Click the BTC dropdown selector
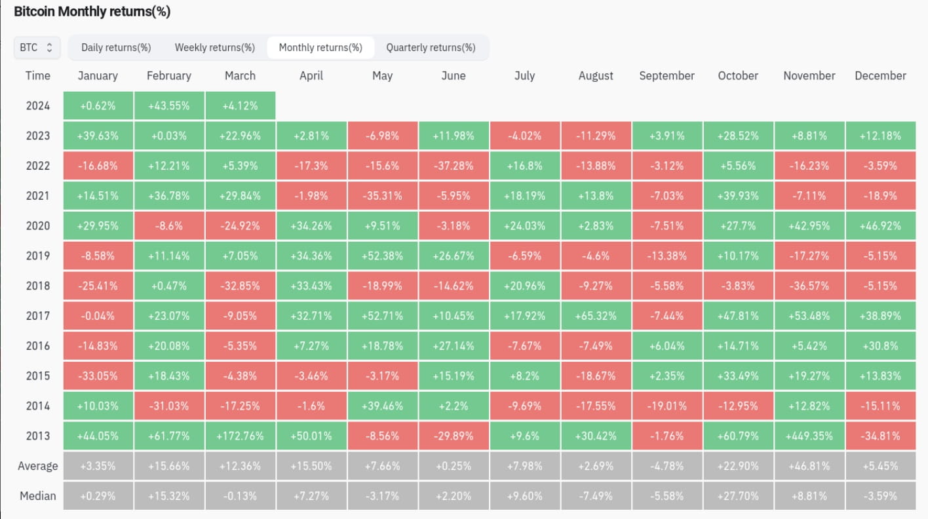coord(37,47)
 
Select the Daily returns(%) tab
coord(116,47)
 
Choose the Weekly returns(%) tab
coord(214,47)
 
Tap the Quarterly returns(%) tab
coord(431,47)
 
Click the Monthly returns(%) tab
coord(320,47)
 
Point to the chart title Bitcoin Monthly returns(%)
coord(92,12)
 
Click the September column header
coord(667,76)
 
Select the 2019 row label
coord(37,256)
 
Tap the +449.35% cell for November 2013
coord(809,436)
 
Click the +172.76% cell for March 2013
coord(240,436)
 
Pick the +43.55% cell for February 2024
coord(168,106)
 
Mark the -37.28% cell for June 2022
coord(454,166)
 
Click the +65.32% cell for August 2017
coord(596,316)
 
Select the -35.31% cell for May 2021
coord(382,196)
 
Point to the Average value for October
coord(738,466)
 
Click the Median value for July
coord(524,496)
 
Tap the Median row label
coord(37,496)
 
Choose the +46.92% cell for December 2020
coord(880,226)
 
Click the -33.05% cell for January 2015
coord(98,376)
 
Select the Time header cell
coord(37,76)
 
